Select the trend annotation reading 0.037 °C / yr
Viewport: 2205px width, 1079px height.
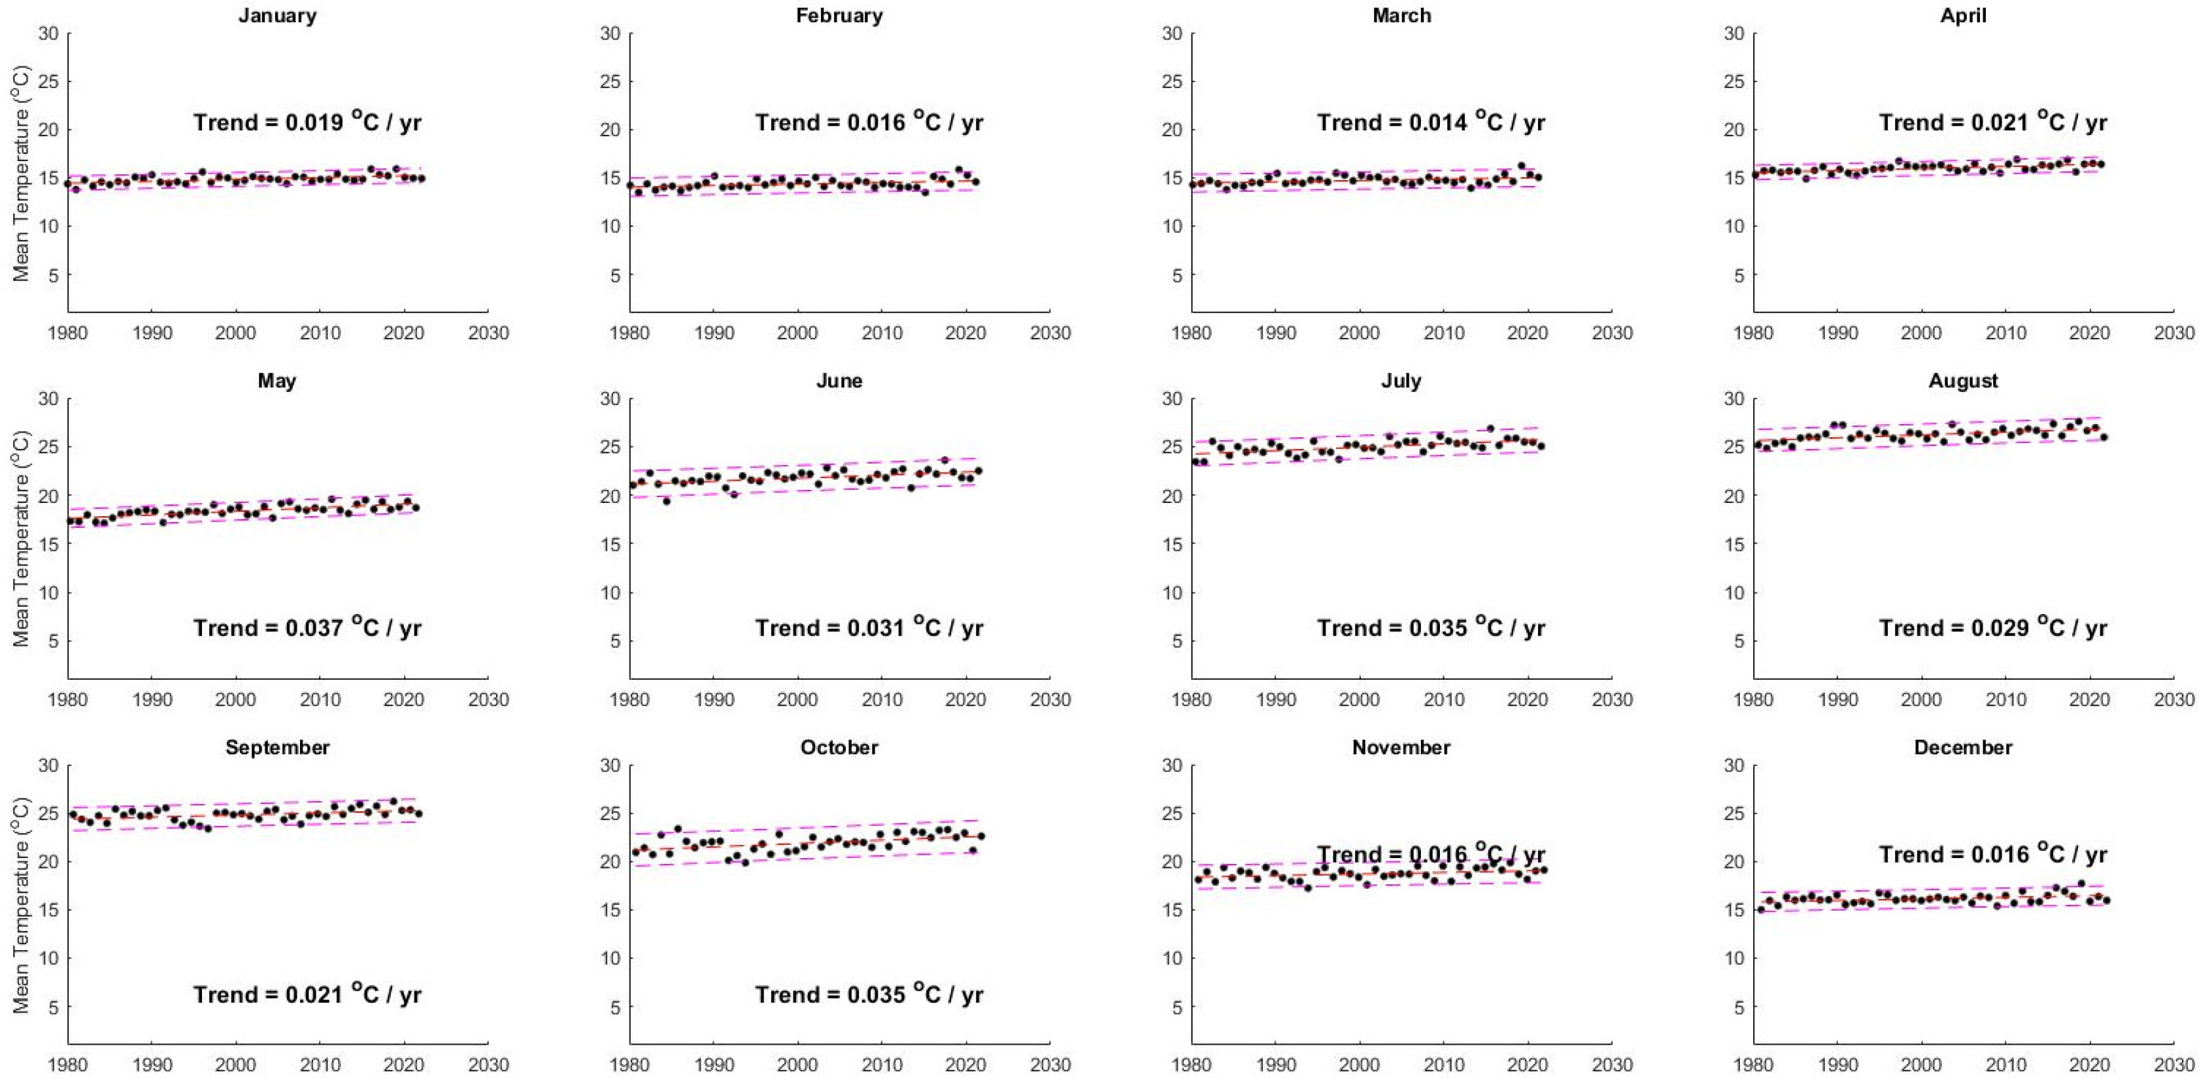(x=307, y=627)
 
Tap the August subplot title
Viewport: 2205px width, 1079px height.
(x=1963, y=381)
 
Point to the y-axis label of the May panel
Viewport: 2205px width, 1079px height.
(x=20, y=539)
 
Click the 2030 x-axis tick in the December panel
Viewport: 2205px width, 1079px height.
(x=2173, y=1065)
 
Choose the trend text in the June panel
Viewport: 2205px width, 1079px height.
(x=869, y=627)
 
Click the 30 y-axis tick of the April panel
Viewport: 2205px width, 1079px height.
(x=1733, y=34)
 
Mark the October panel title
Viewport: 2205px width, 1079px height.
(x=839, y=747)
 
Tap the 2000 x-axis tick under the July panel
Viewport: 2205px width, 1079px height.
(x=1359, y=699)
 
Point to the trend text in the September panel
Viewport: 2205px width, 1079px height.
(x=307, y=994)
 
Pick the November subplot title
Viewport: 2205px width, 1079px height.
(x=1401, y=747)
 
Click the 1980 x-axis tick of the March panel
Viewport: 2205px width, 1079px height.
(x=1191, y=333)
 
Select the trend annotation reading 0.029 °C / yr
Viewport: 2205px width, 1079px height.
(x=1993, y=627)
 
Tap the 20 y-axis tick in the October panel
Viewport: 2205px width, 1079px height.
(x=609, y=861)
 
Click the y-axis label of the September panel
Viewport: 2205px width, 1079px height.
(x=20, y=905)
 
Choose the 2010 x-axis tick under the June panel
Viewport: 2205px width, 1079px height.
(x=881, y=699)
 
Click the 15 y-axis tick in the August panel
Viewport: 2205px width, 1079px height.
(x=1733, y=544)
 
